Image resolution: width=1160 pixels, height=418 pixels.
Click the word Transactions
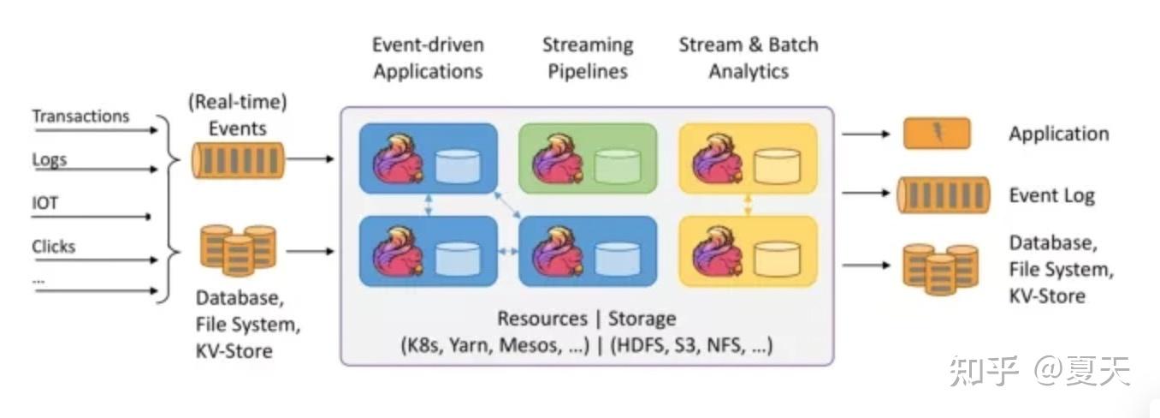[x=80, y=116]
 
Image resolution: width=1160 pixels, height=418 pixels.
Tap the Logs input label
[x=50, y=159]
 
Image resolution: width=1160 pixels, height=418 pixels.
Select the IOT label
[x=45, y=202]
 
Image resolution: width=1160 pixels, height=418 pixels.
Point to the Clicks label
[x=53, y=246]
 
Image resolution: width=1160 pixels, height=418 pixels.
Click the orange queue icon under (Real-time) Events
[x=238, y=161]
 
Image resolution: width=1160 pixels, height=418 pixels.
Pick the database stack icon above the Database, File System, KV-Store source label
[x=238, y=250]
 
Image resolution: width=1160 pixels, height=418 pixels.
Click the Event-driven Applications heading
[x=429, y=57]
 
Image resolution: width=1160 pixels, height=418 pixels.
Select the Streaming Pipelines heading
[x=588, y=57]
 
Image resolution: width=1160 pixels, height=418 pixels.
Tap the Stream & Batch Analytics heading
[x=749, y=57]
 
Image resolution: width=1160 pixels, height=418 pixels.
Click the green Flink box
[x=588, y=158]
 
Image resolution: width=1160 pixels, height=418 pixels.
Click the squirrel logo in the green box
[x=557, y=158]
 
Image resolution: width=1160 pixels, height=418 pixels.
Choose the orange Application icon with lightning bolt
[x=938, y=134]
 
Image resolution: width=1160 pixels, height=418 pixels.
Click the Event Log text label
[x=1051, y=195]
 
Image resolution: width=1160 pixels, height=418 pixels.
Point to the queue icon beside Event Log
[x=944, y=195]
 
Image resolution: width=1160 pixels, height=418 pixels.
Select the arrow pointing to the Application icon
[x=866, y=134]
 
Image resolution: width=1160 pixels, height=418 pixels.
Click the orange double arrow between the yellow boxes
[x=748, y=205]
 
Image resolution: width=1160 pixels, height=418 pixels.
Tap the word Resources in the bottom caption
[x=542, y=319]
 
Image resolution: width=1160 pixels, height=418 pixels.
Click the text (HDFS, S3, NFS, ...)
[x=691, y=345]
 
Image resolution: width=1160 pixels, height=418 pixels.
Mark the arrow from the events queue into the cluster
[x=311, y=158]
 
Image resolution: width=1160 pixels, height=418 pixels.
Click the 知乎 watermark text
[x=984, y=371]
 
